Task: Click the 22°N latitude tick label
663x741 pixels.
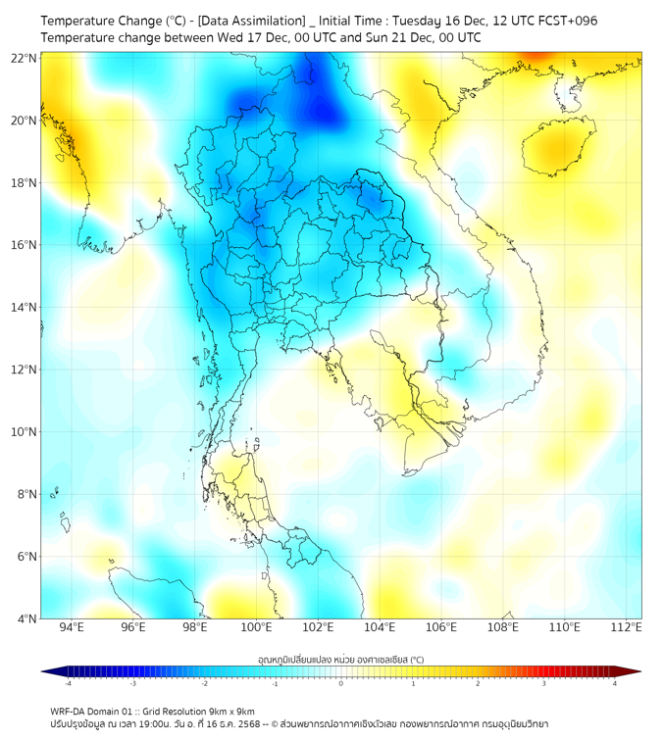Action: pos(24,59)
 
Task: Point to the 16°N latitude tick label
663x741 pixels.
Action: pos(24,245)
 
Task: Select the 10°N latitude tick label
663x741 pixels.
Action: pos(24,432)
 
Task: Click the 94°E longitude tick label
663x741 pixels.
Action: pos(72,628)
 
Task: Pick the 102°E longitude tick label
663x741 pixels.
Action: pos(318,628)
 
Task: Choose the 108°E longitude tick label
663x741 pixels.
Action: pos(502,628)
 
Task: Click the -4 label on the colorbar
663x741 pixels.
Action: pos(68,683)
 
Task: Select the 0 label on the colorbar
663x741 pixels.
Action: pos(341,683)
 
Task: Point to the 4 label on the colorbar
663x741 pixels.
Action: pos(614,683)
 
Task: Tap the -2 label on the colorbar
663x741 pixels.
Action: pos(204,683)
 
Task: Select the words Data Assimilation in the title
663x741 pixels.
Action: pos(252,21)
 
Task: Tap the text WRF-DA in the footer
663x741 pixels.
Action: pos(68,711)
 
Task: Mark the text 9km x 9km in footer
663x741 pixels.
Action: pos(230,711)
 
